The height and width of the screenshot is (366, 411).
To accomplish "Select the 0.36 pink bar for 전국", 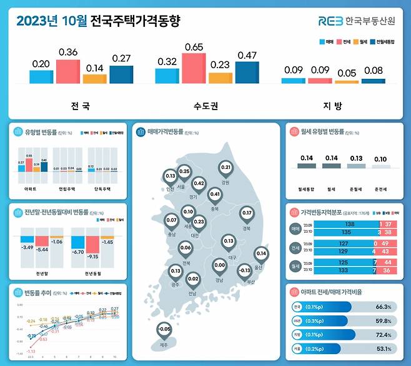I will pos(67,72).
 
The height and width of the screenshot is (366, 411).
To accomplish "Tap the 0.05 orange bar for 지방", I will pos(347,81).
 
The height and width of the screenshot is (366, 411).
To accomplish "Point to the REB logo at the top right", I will pos(330,21).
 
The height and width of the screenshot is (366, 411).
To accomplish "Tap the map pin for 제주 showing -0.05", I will pos(164,330).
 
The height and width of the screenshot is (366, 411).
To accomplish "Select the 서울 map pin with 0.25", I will pos(184,173).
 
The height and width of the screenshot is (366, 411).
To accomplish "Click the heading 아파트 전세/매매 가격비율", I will pos(330,292).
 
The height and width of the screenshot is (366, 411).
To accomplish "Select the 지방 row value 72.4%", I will pos(384,335).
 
